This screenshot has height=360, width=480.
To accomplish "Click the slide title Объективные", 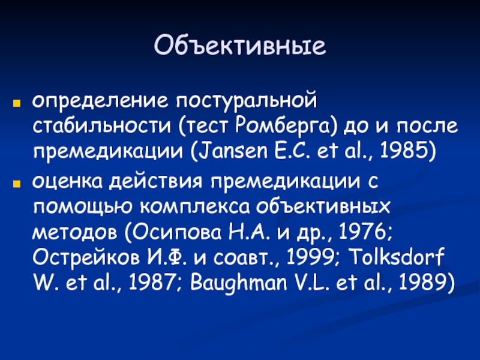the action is (240, 46).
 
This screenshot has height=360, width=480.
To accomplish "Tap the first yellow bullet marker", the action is (17, 103).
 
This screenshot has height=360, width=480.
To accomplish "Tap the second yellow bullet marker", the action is (17, 184).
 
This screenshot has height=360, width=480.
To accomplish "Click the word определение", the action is (100, 101).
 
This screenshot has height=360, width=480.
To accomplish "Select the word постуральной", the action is (247, 101).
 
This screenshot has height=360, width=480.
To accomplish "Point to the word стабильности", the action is (101, 126).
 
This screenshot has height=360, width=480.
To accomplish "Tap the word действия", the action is (156, 182).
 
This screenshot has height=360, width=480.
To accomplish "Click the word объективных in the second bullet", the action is (323, 206).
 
